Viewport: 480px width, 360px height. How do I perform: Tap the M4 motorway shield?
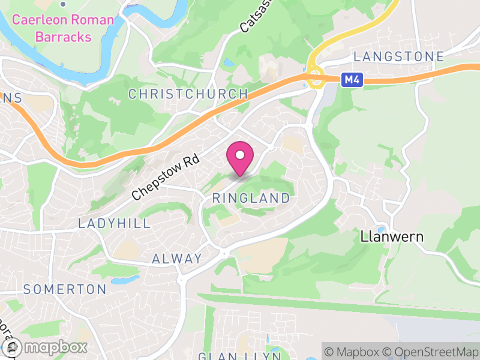point(353,79)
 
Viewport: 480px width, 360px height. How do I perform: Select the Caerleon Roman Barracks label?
point(63,28)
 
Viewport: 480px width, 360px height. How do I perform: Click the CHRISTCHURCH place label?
point(188,94)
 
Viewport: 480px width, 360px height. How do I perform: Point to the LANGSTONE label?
point(398,57)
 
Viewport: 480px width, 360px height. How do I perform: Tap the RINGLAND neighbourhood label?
point(251,198)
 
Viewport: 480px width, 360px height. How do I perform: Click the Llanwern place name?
point(392,236)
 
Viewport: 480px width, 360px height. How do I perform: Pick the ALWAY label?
point(177,259)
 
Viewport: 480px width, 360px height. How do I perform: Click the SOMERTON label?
point(65,289)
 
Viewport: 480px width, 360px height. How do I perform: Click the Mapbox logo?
point(45,347)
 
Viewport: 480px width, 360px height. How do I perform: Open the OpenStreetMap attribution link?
point(431,350)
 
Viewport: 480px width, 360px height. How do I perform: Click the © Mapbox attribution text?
point(353,350)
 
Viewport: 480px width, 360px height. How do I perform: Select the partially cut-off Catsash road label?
point(251,17)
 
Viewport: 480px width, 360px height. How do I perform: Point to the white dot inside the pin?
point(240,155)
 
